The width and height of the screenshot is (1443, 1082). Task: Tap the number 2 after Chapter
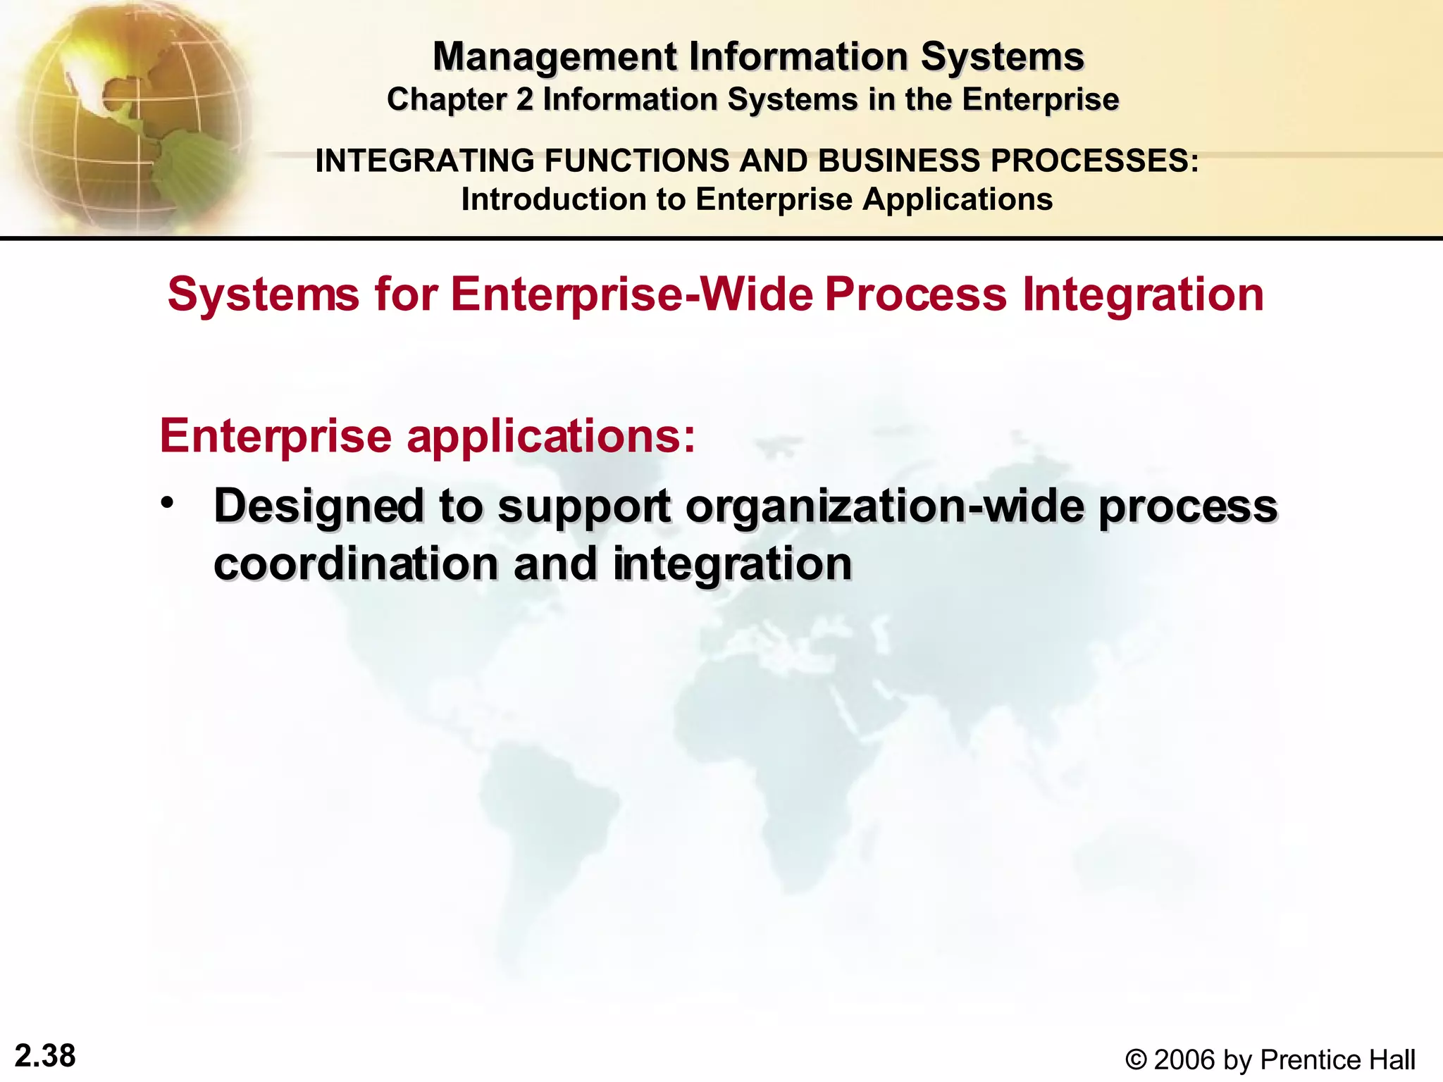click(524, 100)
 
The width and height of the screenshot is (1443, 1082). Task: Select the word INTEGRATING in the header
click(424, 161)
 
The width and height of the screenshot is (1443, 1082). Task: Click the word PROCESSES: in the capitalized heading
click(1095, 161)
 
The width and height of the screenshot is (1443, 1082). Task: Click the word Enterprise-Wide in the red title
click(631, 294)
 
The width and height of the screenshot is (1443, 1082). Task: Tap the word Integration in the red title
click(1142, 294)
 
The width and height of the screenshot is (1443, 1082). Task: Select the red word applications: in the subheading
click(551, 437)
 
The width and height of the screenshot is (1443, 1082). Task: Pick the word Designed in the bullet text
click(318, 507)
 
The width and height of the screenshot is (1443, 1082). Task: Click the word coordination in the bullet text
click(357, 565)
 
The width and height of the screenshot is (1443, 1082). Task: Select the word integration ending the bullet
click(732, 565)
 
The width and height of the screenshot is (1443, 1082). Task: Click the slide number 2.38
click(45, 1056)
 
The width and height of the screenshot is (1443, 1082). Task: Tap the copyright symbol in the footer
click(1136, 1060)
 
